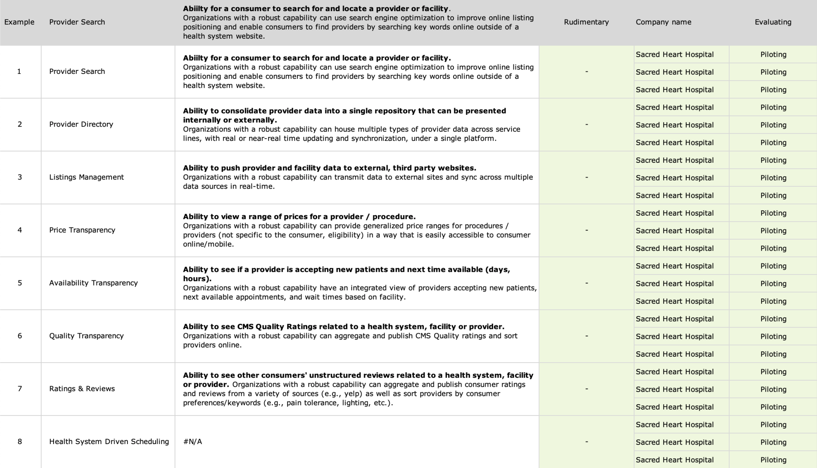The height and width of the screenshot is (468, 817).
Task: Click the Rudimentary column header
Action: (586, 22)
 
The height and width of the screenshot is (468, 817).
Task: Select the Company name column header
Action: (663, 22)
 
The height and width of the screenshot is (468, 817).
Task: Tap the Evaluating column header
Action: (773, 22)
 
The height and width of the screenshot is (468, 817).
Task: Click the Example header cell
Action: (19, 22)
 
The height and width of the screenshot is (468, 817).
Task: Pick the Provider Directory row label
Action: (81, 124)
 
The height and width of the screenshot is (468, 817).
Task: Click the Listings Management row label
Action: (86, 177)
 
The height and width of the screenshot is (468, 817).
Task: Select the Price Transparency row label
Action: (82, 230)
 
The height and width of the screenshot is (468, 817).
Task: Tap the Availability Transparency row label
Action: (93, 283)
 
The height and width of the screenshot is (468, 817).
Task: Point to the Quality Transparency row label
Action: (86, 336)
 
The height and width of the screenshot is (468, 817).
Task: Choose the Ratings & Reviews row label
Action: (82, 389)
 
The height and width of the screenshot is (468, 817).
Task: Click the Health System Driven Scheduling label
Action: (109, 442)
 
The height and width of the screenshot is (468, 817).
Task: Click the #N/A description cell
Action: (192, 442)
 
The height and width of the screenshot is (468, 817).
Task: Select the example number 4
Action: (20, 230)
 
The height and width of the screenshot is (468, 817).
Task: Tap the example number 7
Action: (20, 389)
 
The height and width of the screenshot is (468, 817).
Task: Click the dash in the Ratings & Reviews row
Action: (586, 389)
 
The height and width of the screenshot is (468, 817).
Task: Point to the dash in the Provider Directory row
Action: (586, 124)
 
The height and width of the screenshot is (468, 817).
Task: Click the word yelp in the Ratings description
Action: (352, 394)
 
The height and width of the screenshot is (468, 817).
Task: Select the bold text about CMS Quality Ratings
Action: (343, 327)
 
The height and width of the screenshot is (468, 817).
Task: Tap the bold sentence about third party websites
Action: (329, 168)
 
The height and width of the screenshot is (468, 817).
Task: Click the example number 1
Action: (19, 71)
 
